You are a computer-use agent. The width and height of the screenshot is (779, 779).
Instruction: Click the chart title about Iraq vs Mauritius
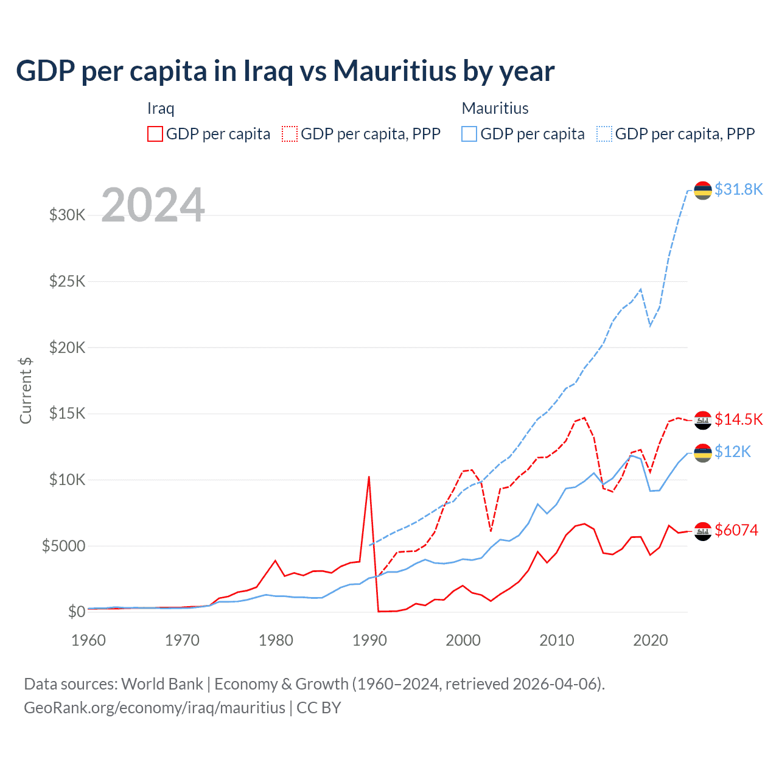point(285,71)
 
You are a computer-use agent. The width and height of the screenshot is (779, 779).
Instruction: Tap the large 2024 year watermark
point(153,205)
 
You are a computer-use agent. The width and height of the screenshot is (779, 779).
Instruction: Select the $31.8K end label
point(738,189)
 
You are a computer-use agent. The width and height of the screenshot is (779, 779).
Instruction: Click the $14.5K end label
point(738,419)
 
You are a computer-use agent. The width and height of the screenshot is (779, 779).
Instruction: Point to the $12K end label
point(733,452)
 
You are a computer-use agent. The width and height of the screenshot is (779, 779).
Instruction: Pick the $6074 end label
point(736,530)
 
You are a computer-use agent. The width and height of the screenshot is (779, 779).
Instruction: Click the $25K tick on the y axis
point(67,281)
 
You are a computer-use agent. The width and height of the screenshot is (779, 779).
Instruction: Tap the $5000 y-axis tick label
point(63,546)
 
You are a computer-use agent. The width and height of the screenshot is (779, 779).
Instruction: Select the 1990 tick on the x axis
point(369,640)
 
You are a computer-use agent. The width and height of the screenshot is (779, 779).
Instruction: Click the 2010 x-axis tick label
point(557,640)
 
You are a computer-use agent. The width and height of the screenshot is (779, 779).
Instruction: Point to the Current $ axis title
point(26,390)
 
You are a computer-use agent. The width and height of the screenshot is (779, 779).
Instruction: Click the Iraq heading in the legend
point(161,108)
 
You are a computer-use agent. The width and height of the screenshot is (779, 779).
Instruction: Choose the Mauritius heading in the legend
point(495,108)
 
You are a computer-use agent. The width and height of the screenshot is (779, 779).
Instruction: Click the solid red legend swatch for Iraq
point(155,134)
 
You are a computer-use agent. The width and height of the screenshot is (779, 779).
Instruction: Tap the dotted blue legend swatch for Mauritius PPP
point(604,134)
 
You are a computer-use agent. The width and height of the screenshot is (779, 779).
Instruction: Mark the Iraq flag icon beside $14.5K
point(703,420)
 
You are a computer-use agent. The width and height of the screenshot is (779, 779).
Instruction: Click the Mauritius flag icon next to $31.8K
point(703,190)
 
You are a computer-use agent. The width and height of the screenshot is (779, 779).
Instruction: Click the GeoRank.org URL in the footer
point(155,708)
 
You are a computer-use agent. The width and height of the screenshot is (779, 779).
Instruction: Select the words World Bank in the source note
point(162,684)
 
